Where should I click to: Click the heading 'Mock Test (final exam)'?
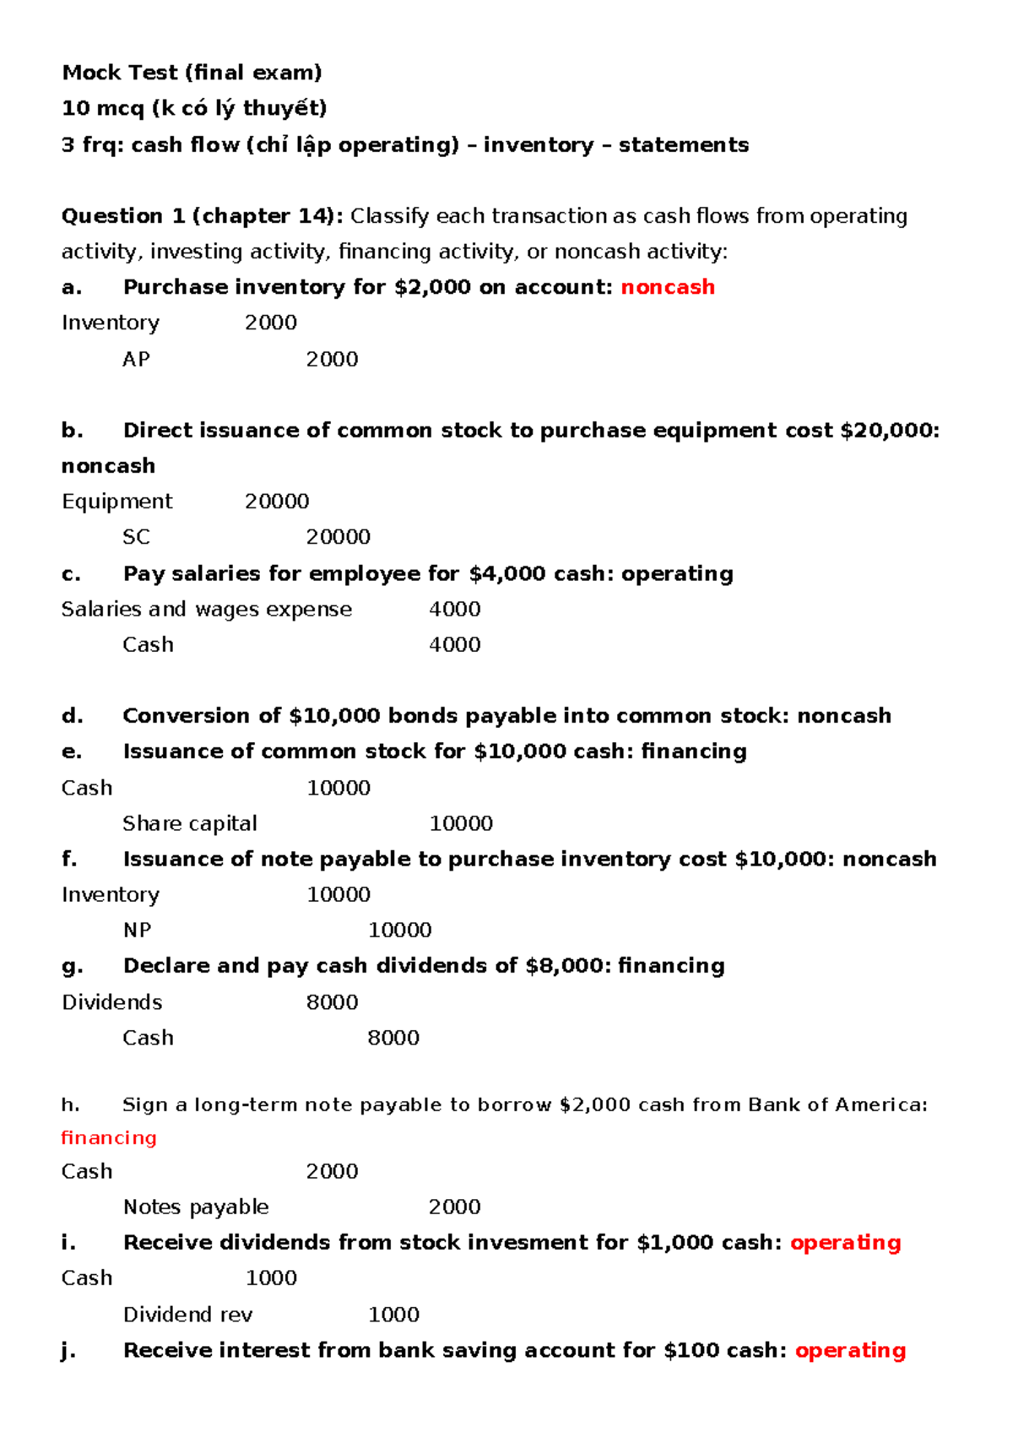tap(192, 73)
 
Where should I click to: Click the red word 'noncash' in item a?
tap(668, 287)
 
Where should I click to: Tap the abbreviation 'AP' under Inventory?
tap(136, 359)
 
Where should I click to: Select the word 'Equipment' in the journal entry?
tap(116, 502)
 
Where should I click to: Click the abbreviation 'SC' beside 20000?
tap(136, 537)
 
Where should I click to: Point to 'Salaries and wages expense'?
tap(206, 609)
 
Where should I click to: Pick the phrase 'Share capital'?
tap(189, 823)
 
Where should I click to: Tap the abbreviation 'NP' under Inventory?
tap(137, 930)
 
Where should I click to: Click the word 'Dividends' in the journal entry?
tap(111, 1002)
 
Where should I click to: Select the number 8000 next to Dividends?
tap(332, 1002)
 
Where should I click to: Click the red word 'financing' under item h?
tap(109, 1138)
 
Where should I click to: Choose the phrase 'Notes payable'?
tap(196, 1207)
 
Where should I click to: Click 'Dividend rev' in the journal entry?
tap(187, 1315)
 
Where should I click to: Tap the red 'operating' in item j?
tap(850, 1350)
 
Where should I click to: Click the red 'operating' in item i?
tap(845, 1243)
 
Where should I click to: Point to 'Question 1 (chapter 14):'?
tap(202, 216)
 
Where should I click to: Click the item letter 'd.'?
tap(73, 716)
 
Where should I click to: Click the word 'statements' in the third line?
tap(683, 145)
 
